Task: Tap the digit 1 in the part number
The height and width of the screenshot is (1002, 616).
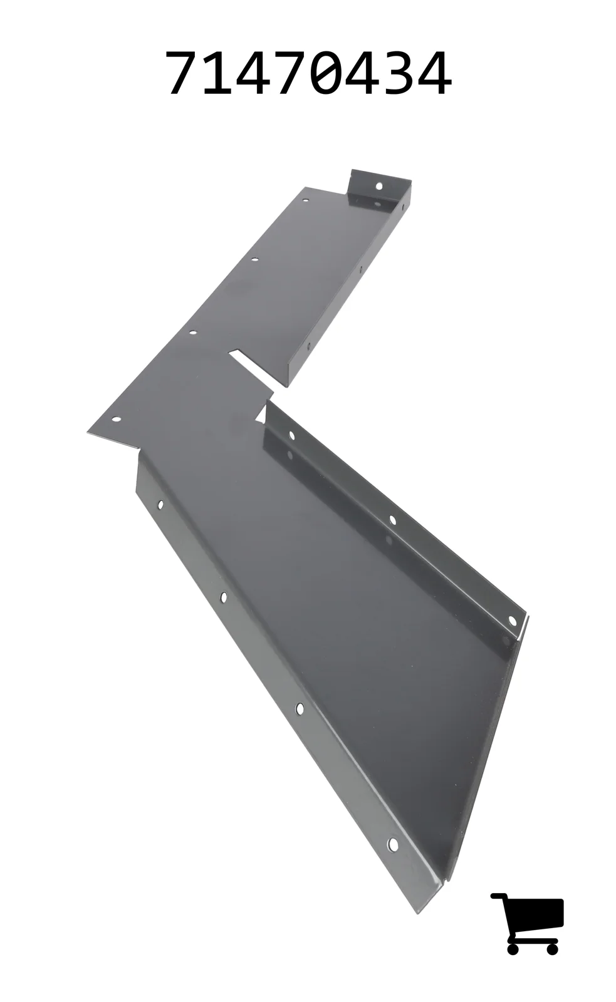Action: pyautogui.click(x=218, y=73)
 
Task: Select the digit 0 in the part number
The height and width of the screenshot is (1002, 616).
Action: pyautogui.click(x=327, y=73)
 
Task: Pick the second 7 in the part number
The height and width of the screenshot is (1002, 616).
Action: pyautogui.click(x=291, y=73)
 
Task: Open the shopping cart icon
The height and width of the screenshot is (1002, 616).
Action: pyautogui.click(x=526, y=917)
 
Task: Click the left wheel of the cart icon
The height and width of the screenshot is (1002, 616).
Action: pyautogui.click(x=513, y=936)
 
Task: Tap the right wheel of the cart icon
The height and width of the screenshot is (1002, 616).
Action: pyautogui.click(x=553, y=936)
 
